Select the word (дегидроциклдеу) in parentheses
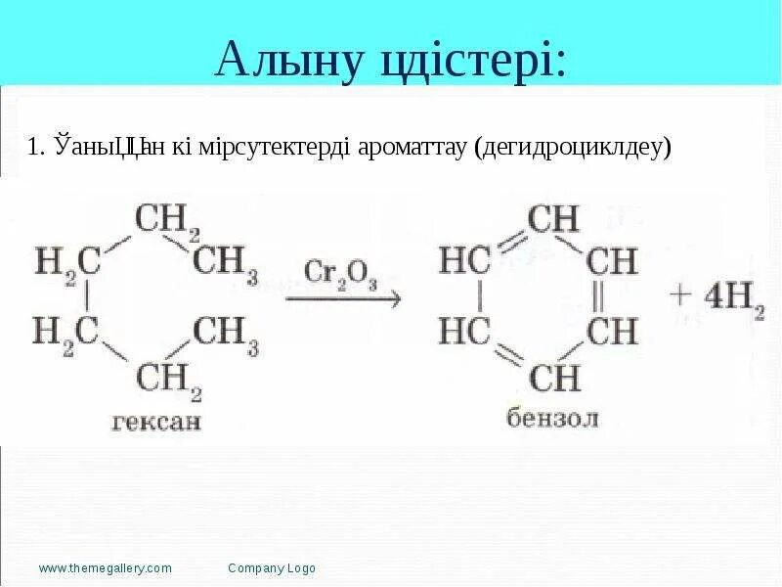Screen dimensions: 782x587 573,148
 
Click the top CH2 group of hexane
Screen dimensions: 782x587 167,221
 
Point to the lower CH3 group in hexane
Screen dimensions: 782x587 226,332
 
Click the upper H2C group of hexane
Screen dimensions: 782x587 67,263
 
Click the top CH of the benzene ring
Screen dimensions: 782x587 552,219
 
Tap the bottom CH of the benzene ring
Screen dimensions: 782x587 553,377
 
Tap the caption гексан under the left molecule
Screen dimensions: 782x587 156,421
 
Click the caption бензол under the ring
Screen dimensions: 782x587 552,418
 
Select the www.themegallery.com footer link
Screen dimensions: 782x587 106,568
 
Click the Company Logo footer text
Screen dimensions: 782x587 272,568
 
